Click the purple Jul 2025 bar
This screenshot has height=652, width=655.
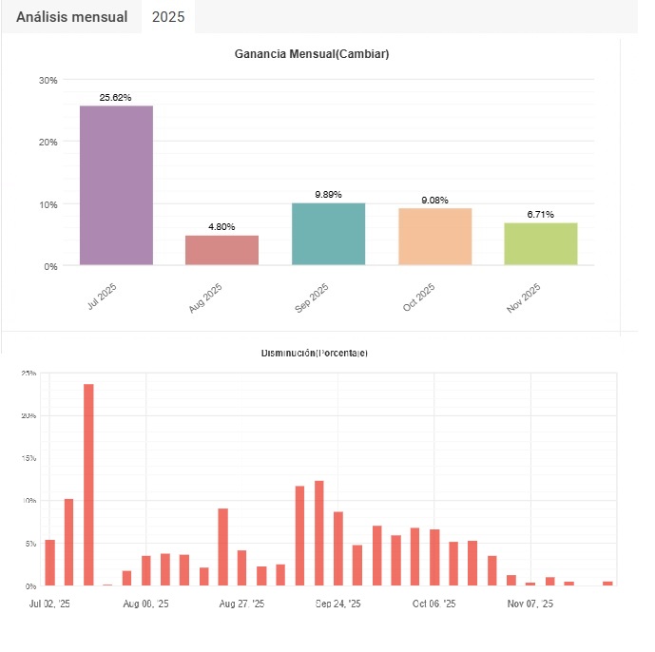[116, 185]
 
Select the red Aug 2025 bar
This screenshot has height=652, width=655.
[222, 250]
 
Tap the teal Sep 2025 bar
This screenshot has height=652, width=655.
[328, 234]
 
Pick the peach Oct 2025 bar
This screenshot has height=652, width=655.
[434, 237]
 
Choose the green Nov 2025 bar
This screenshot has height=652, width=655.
[540, 243]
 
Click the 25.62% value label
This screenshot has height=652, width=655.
[116, 97]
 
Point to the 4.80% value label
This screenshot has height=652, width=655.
[222, 227]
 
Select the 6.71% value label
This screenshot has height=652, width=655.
[540, 215]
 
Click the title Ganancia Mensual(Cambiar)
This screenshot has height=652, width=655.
[312, 54]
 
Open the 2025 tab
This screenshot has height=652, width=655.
[168, 17]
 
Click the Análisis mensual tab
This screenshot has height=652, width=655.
[72, 17]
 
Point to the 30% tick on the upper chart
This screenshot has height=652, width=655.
[48, 80]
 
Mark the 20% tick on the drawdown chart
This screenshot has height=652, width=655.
[29, 415]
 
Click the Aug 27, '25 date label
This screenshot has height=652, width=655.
[242, 604]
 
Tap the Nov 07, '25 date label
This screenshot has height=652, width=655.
[530, 604]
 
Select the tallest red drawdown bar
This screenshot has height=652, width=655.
[88, 484]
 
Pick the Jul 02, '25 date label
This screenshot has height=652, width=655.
[49, 604]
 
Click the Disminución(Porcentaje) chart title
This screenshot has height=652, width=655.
[314, 354]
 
